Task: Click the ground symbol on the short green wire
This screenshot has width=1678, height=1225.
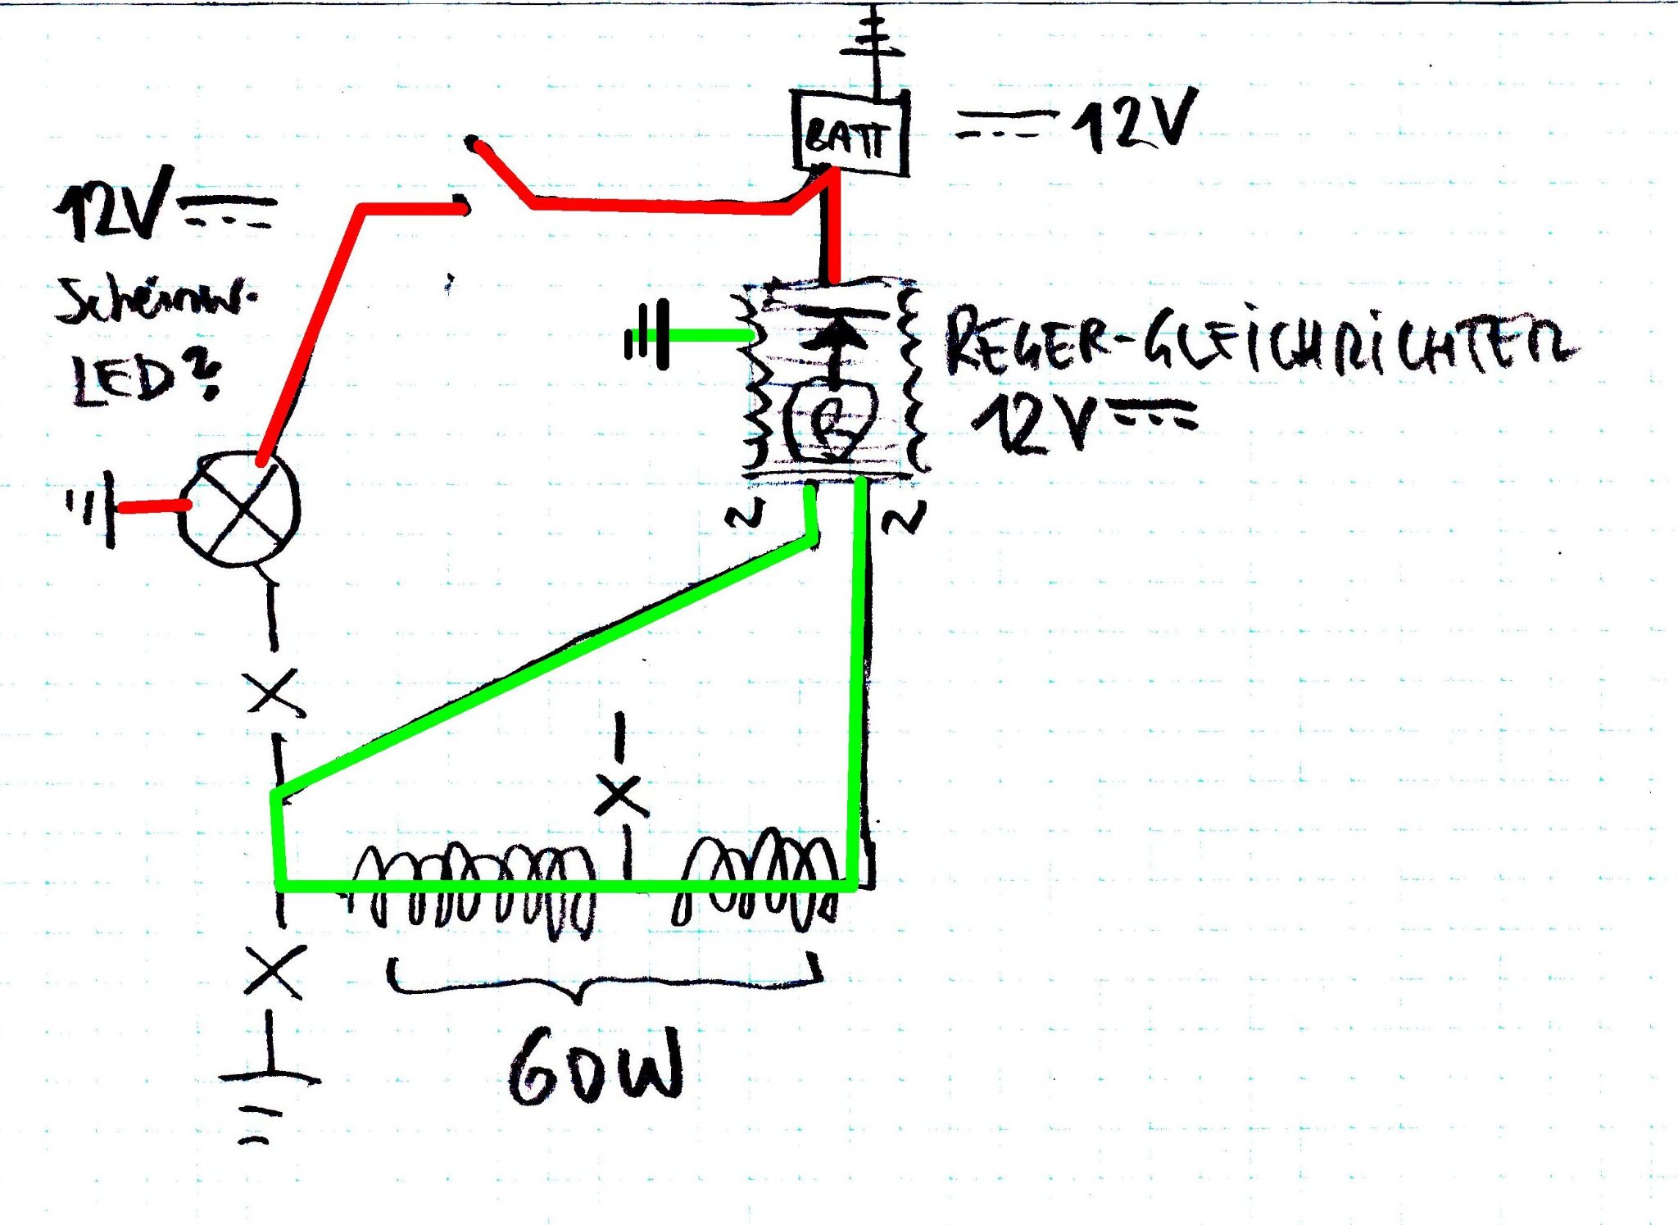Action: (647, 335)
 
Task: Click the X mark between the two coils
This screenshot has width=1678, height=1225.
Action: (622, 796)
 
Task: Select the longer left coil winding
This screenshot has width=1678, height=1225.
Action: (474, 889)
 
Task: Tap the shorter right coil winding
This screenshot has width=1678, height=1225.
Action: (758, 881)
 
